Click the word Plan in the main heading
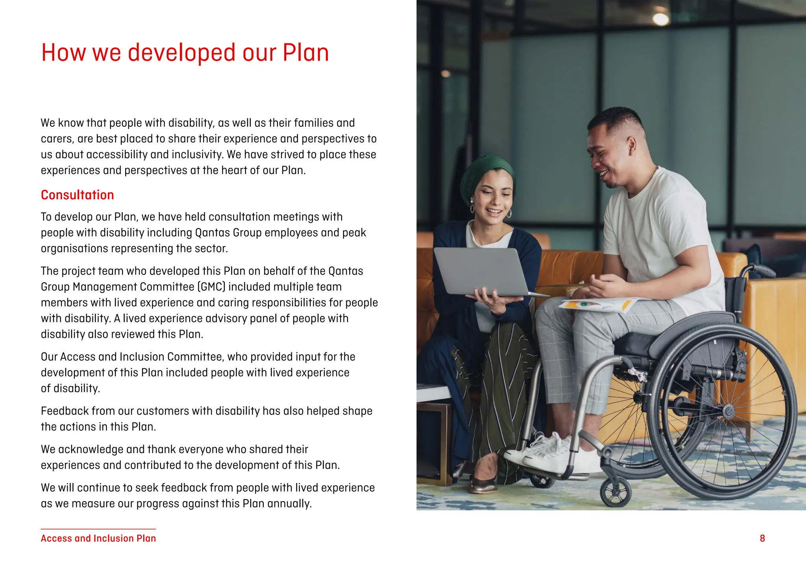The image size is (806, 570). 305,53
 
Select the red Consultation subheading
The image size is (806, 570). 78,195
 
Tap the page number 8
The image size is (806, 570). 762,538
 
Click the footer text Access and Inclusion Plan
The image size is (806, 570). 98,538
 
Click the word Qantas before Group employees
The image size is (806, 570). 213,233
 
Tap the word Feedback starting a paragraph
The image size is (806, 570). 65,411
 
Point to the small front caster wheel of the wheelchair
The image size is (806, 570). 616,492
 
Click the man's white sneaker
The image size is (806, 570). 541,453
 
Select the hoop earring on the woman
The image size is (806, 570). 508,214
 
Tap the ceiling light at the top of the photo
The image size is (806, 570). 660,19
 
